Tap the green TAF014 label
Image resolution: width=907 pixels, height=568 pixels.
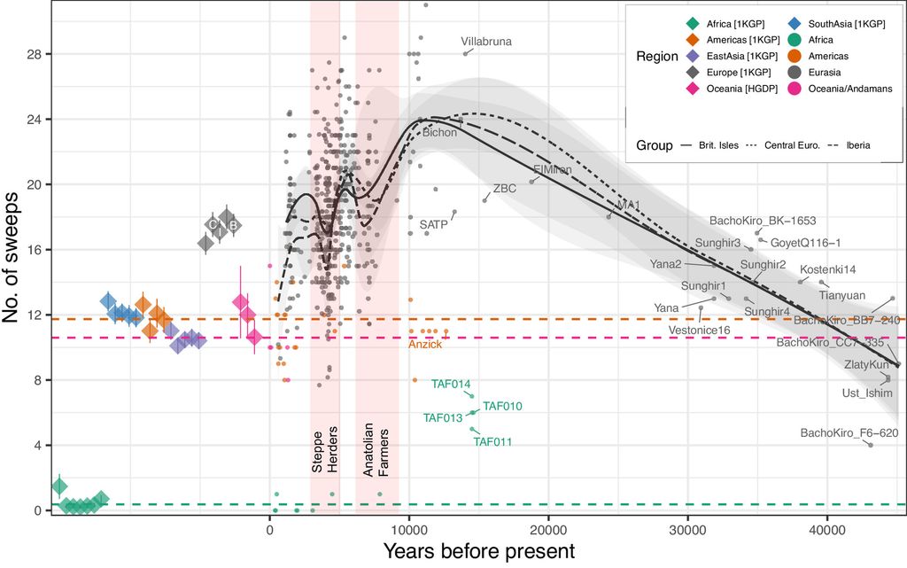coord(450,384)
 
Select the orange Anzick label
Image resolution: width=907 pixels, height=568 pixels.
coord(425,344)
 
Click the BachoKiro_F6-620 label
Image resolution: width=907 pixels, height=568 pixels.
coord(849,432)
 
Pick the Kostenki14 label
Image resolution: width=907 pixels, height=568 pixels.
coord(828,269)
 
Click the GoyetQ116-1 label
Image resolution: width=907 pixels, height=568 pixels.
coord(805,242)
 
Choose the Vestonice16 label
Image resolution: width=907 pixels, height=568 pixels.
coord(699,330)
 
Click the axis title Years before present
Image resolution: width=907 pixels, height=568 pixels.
coord(478,551)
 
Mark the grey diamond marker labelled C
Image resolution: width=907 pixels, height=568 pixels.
coord(213,224)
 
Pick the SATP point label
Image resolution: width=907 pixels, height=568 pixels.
coord(433,225)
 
